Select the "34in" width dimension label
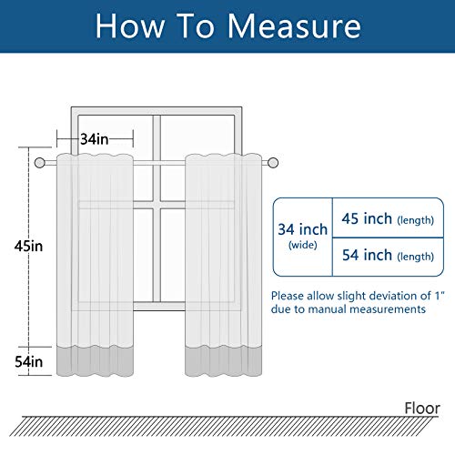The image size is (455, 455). point(94,139)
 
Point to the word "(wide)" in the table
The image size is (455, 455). point(302,246)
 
